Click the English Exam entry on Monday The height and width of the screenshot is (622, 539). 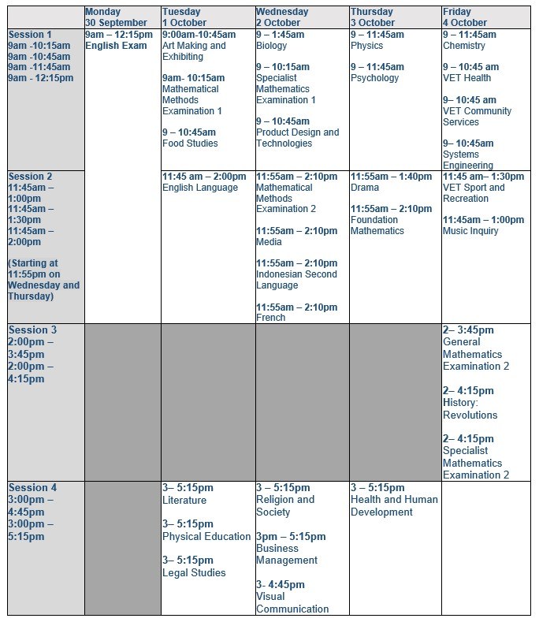[x=116, y=46]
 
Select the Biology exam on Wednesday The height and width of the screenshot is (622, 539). [x=272, y=46]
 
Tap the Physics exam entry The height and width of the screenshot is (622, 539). [x=366, y=46]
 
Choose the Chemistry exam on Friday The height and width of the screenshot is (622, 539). [x=464, y=46]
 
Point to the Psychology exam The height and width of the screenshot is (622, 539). [x=376, y=78]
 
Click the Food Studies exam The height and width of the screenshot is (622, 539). [x=190, y=143]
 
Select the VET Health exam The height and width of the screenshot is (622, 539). [x=467, y=78]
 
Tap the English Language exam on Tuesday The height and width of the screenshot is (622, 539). [x=200, y=188]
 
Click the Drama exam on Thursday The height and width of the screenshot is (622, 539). [x=365, y=188]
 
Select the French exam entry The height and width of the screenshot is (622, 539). [x=270, y=318]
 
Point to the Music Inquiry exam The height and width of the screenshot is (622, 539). [x=470, y=231]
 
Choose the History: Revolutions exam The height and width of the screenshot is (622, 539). [x=470, y=409]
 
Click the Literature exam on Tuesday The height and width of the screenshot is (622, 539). [x=184, y=500]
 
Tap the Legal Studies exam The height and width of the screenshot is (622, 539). [x=194, y=572]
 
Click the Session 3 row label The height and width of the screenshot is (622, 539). [x=32, y=330]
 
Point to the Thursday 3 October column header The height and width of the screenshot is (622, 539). [x=373, y=17]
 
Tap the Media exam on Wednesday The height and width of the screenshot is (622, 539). [x=269, y=242]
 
